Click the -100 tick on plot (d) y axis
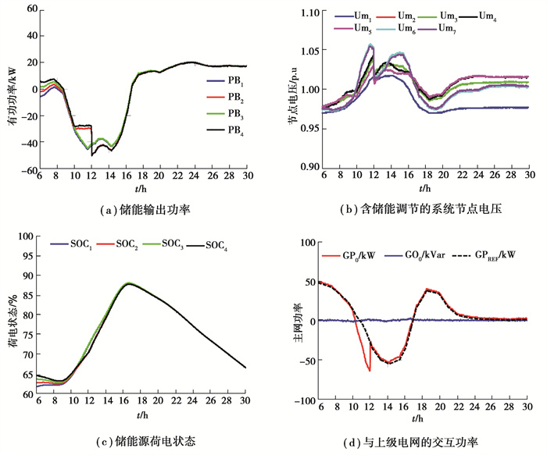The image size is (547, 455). click(x=300, y=400)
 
